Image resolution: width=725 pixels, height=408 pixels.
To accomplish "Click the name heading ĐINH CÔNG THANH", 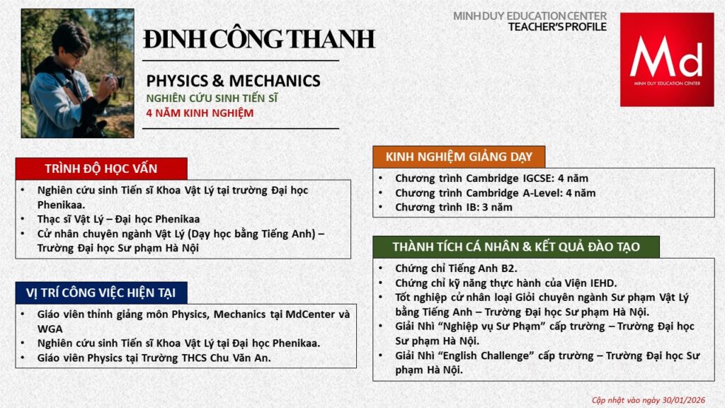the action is (x=259, y=39).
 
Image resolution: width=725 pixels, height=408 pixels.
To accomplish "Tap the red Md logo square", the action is (x=667, y=59).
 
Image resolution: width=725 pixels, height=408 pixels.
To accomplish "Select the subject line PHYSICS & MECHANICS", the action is (x=233, y=81).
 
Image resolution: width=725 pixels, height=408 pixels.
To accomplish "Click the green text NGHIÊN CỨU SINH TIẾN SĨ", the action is (x=212, y=98).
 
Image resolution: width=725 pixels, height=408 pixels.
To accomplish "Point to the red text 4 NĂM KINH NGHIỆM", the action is (x=200, y=113).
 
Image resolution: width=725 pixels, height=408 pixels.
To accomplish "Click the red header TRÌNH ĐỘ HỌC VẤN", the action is (x=101, y=169).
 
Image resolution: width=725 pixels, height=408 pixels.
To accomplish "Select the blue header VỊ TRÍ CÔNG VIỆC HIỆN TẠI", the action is (x=101, y=293).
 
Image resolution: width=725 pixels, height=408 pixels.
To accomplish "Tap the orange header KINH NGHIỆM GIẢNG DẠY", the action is (x=459, y=157).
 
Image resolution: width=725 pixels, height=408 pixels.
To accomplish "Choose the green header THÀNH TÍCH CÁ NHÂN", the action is (x=516, y=246).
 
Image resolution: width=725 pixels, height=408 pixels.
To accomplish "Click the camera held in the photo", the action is (x=115, y=81).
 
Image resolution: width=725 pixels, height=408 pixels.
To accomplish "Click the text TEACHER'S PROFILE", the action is (x=557, y=27).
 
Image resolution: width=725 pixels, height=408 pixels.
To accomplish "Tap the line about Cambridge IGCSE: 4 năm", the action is (x=491, y=178).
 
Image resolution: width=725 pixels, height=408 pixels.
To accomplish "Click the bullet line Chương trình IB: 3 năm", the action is (x=454, y=208).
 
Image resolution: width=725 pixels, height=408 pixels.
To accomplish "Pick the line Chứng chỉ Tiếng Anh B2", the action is (x=456, y=268).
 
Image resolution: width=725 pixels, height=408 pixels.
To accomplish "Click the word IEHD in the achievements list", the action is (x=603, y=283).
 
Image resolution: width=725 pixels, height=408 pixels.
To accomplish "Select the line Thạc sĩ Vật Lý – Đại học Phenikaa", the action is (x=118, y=220).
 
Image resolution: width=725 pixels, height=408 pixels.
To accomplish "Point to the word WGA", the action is (x=50, y=329).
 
